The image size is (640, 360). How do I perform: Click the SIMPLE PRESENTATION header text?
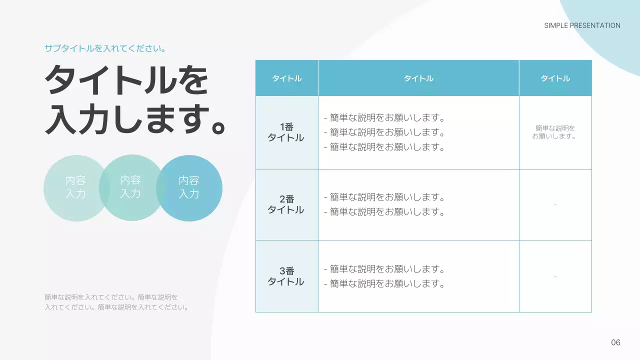click(582, 25)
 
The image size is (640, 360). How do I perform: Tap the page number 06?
click(615, 342)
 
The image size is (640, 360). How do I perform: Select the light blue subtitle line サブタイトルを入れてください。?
click(105, 49)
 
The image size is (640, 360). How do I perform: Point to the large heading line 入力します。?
click(136, 120)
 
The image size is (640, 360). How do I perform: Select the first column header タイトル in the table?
click(286, 78)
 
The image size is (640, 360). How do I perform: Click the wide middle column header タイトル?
click(418, 78)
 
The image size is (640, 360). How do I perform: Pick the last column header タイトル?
click(555, 78)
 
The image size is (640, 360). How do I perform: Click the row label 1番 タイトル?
click(286, 132)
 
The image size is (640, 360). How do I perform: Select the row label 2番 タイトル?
click(286, 204)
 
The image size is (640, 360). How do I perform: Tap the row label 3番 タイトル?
click(286, 276)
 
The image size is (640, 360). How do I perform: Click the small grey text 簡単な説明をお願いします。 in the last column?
click(555, 132)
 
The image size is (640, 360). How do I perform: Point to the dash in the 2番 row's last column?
click(555, 204)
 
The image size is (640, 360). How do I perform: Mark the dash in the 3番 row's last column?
click(555, 276)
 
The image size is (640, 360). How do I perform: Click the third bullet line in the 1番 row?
click(384, 147)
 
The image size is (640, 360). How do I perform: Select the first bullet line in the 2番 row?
click(384, 197)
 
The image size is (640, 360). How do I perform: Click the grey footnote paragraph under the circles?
click(116, 302)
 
